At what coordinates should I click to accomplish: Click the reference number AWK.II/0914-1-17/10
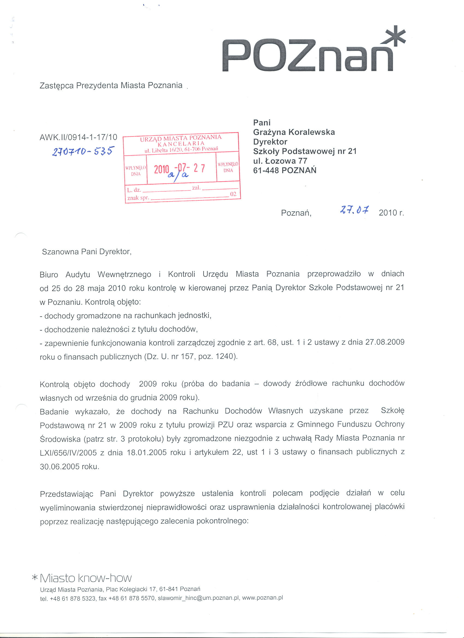coord(78,137)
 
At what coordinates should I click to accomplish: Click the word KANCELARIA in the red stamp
coord(181,143)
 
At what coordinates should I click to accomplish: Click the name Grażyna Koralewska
coord(294,132)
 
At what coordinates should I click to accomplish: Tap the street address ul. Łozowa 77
coord(280,161)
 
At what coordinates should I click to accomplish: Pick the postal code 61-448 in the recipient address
coord(266,170)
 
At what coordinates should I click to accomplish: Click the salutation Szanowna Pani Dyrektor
coord(87,251)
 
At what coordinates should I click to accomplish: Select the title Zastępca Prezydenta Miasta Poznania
coord(111,85)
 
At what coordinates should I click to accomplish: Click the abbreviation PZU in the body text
coord(225,425)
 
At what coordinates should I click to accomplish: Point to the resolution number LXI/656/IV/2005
coord(69,453)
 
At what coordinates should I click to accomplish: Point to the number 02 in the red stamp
coord(233,194)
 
